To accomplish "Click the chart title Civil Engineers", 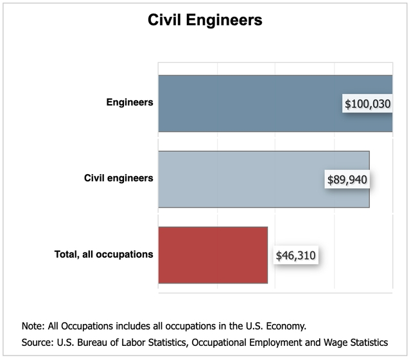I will (x=205, y=20).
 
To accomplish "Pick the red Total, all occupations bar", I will (x=213, y=255).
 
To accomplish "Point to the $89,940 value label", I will (x=346, y=179).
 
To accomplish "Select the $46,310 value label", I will (x=295, y=255).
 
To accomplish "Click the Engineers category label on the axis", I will (x=130, y=102).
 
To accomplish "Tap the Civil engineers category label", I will (x=119, y=178).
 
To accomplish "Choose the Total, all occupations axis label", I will (x=103, y=254).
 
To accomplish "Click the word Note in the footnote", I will (x=32, y=325).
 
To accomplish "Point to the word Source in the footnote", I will (x=37, y=342).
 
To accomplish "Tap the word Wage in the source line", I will (x=329, y=342).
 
